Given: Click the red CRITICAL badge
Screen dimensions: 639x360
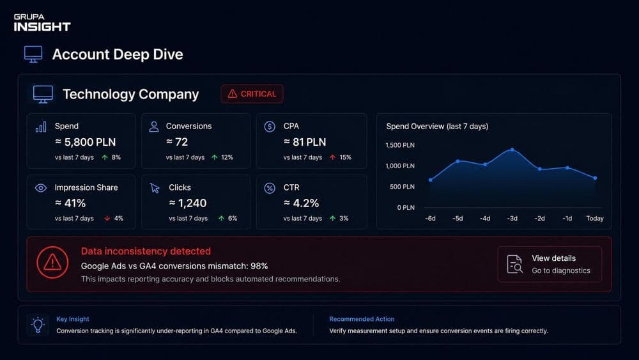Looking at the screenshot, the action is click(x=252, y=94).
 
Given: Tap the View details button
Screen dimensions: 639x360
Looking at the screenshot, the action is click(x=550, y=264).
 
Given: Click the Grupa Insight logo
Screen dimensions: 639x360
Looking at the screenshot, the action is click(x=42, y=23).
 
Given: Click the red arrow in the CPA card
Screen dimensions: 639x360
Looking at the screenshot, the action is click(x=332, y=157).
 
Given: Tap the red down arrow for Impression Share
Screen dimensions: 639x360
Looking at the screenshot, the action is click(x=107, y=219).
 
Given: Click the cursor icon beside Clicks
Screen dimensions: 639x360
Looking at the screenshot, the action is click(x=155, y=188).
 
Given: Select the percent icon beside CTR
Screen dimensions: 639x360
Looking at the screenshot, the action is click(x=270, y=188).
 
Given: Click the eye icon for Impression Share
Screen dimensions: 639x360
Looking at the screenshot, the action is click(x=41, y=187).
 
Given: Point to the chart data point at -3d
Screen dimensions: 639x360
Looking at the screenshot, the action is click(x=512, y=150).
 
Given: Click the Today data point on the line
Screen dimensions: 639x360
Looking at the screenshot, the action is click(x=595, y=178).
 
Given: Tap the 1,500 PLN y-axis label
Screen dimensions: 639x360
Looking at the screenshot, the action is click(x=400, y=145).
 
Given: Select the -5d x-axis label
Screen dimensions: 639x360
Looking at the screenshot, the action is click(x=458, y=219).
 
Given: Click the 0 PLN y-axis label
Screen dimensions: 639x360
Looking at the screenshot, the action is click(x=406, y=208).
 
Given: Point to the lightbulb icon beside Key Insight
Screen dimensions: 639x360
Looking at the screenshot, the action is click(x=38, y=325).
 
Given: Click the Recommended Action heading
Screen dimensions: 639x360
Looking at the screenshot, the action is click(x=362, y=319).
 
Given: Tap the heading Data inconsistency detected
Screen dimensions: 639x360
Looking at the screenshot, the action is click(x=146, y=251).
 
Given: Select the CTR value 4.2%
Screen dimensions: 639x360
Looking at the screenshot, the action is click(x=301, y=203).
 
